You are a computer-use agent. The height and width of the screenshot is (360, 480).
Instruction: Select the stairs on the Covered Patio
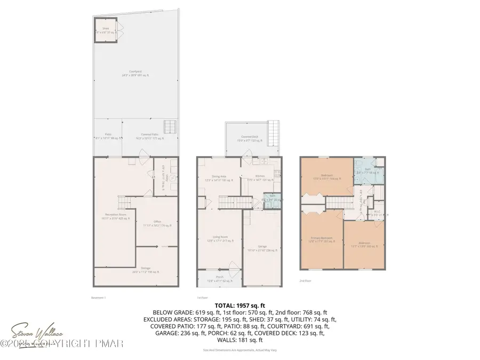170,126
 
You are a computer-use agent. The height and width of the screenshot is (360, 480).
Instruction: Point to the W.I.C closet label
377,211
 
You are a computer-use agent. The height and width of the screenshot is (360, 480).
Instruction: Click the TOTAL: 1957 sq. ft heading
239,306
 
